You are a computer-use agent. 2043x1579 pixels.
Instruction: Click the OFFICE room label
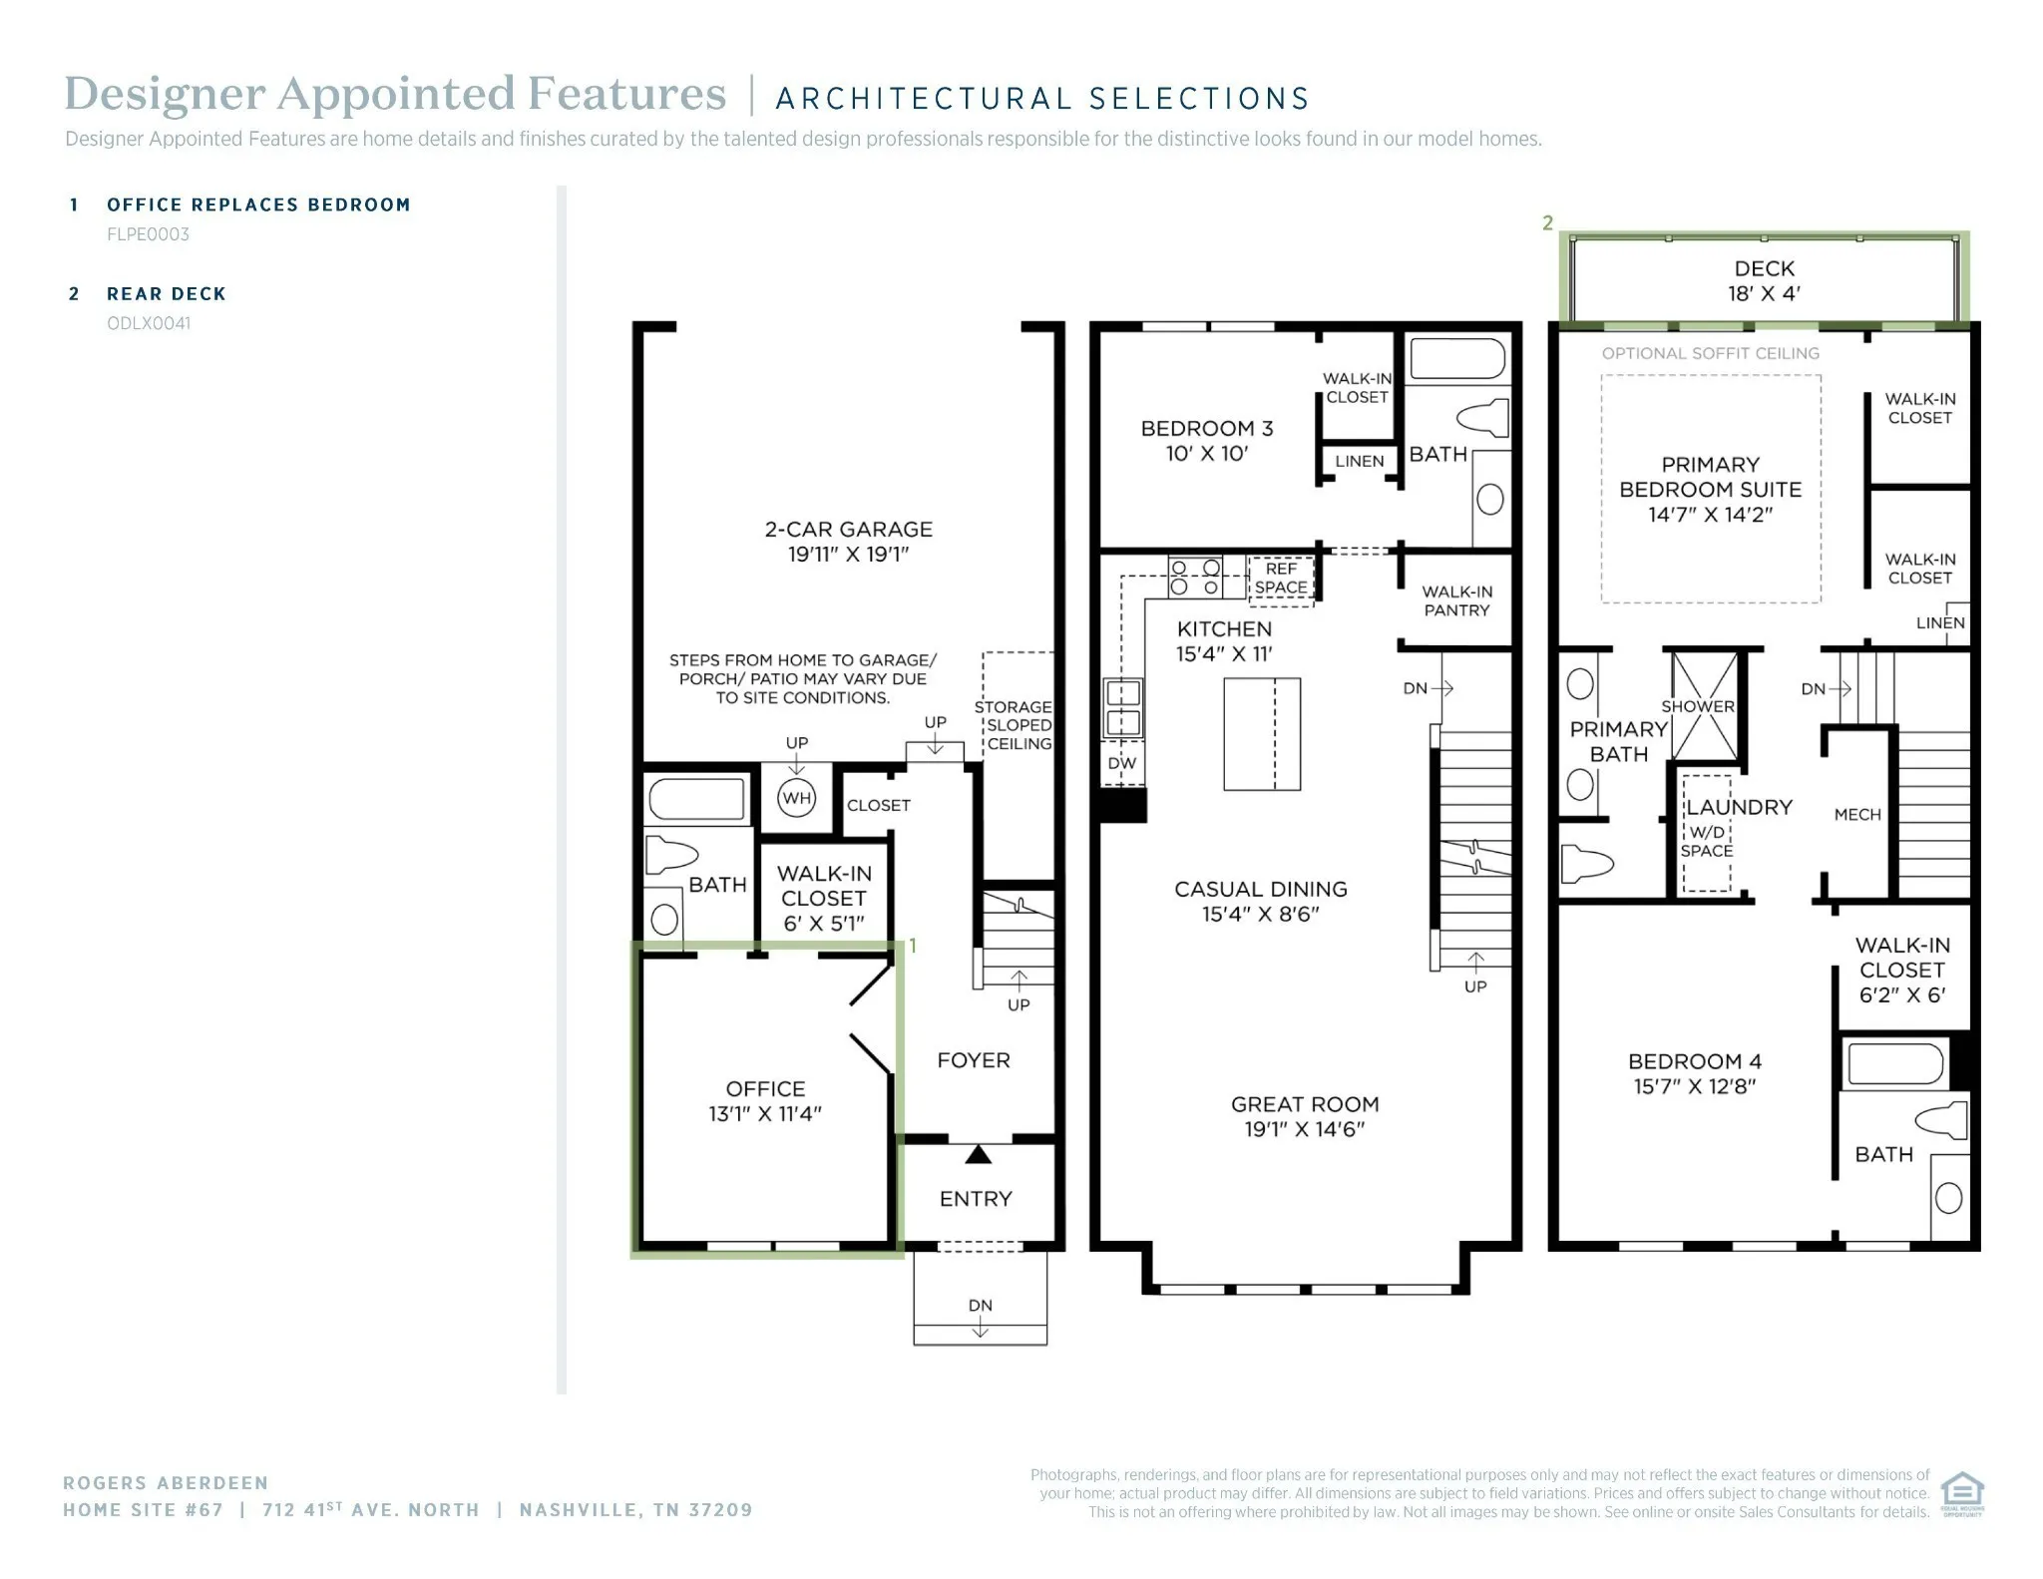(765, 1088)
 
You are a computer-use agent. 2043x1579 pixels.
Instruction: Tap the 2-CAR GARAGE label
(849, 529)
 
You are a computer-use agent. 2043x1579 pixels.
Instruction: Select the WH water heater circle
(796, 798)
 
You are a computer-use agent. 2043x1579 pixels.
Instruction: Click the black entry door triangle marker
(979, 1154)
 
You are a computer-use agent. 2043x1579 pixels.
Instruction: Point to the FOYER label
(974, 1060)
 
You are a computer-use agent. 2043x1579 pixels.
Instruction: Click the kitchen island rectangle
(1262, 734)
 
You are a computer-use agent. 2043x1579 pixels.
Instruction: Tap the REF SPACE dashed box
(1281, 579)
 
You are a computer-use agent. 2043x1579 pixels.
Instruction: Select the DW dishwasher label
(1122, 763)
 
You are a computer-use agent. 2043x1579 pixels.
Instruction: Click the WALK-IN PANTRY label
(1456, 600)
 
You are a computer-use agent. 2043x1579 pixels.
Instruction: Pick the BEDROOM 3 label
(1207, 428)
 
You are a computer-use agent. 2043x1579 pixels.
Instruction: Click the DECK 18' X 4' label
(1765, 281)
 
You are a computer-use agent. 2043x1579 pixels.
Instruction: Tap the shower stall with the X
(1704, 705)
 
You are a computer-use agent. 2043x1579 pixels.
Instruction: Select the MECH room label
(1857, 815)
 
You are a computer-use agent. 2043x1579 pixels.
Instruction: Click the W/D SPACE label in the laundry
(1707, 841)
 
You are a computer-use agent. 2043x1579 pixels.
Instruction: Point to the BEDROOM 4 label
(1695, 1061)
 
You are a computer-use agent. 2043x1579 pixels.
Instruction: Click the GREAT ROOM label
(1305, 1104)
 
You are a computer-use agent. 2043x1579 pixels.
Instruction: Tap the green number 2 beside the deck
(1547, 223)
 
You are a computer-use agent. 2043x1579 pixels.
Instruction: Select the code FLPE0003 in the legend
(148, 234)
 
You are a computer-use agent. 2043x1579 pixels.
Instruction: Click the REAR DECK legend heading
(167, 294)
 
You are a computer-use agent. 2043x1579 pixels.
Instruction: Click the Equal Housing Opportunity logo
(1962, 1494)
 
